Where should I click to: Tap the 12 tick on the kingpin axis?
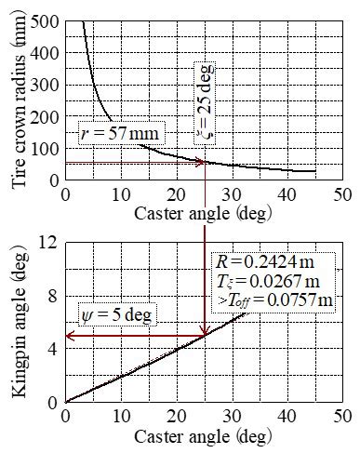48,243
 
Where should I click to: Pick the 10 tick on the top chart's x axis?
120,195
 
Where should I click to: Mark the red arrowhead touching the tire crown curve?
199,163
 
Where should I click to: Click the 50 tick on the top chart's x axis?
342,195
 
